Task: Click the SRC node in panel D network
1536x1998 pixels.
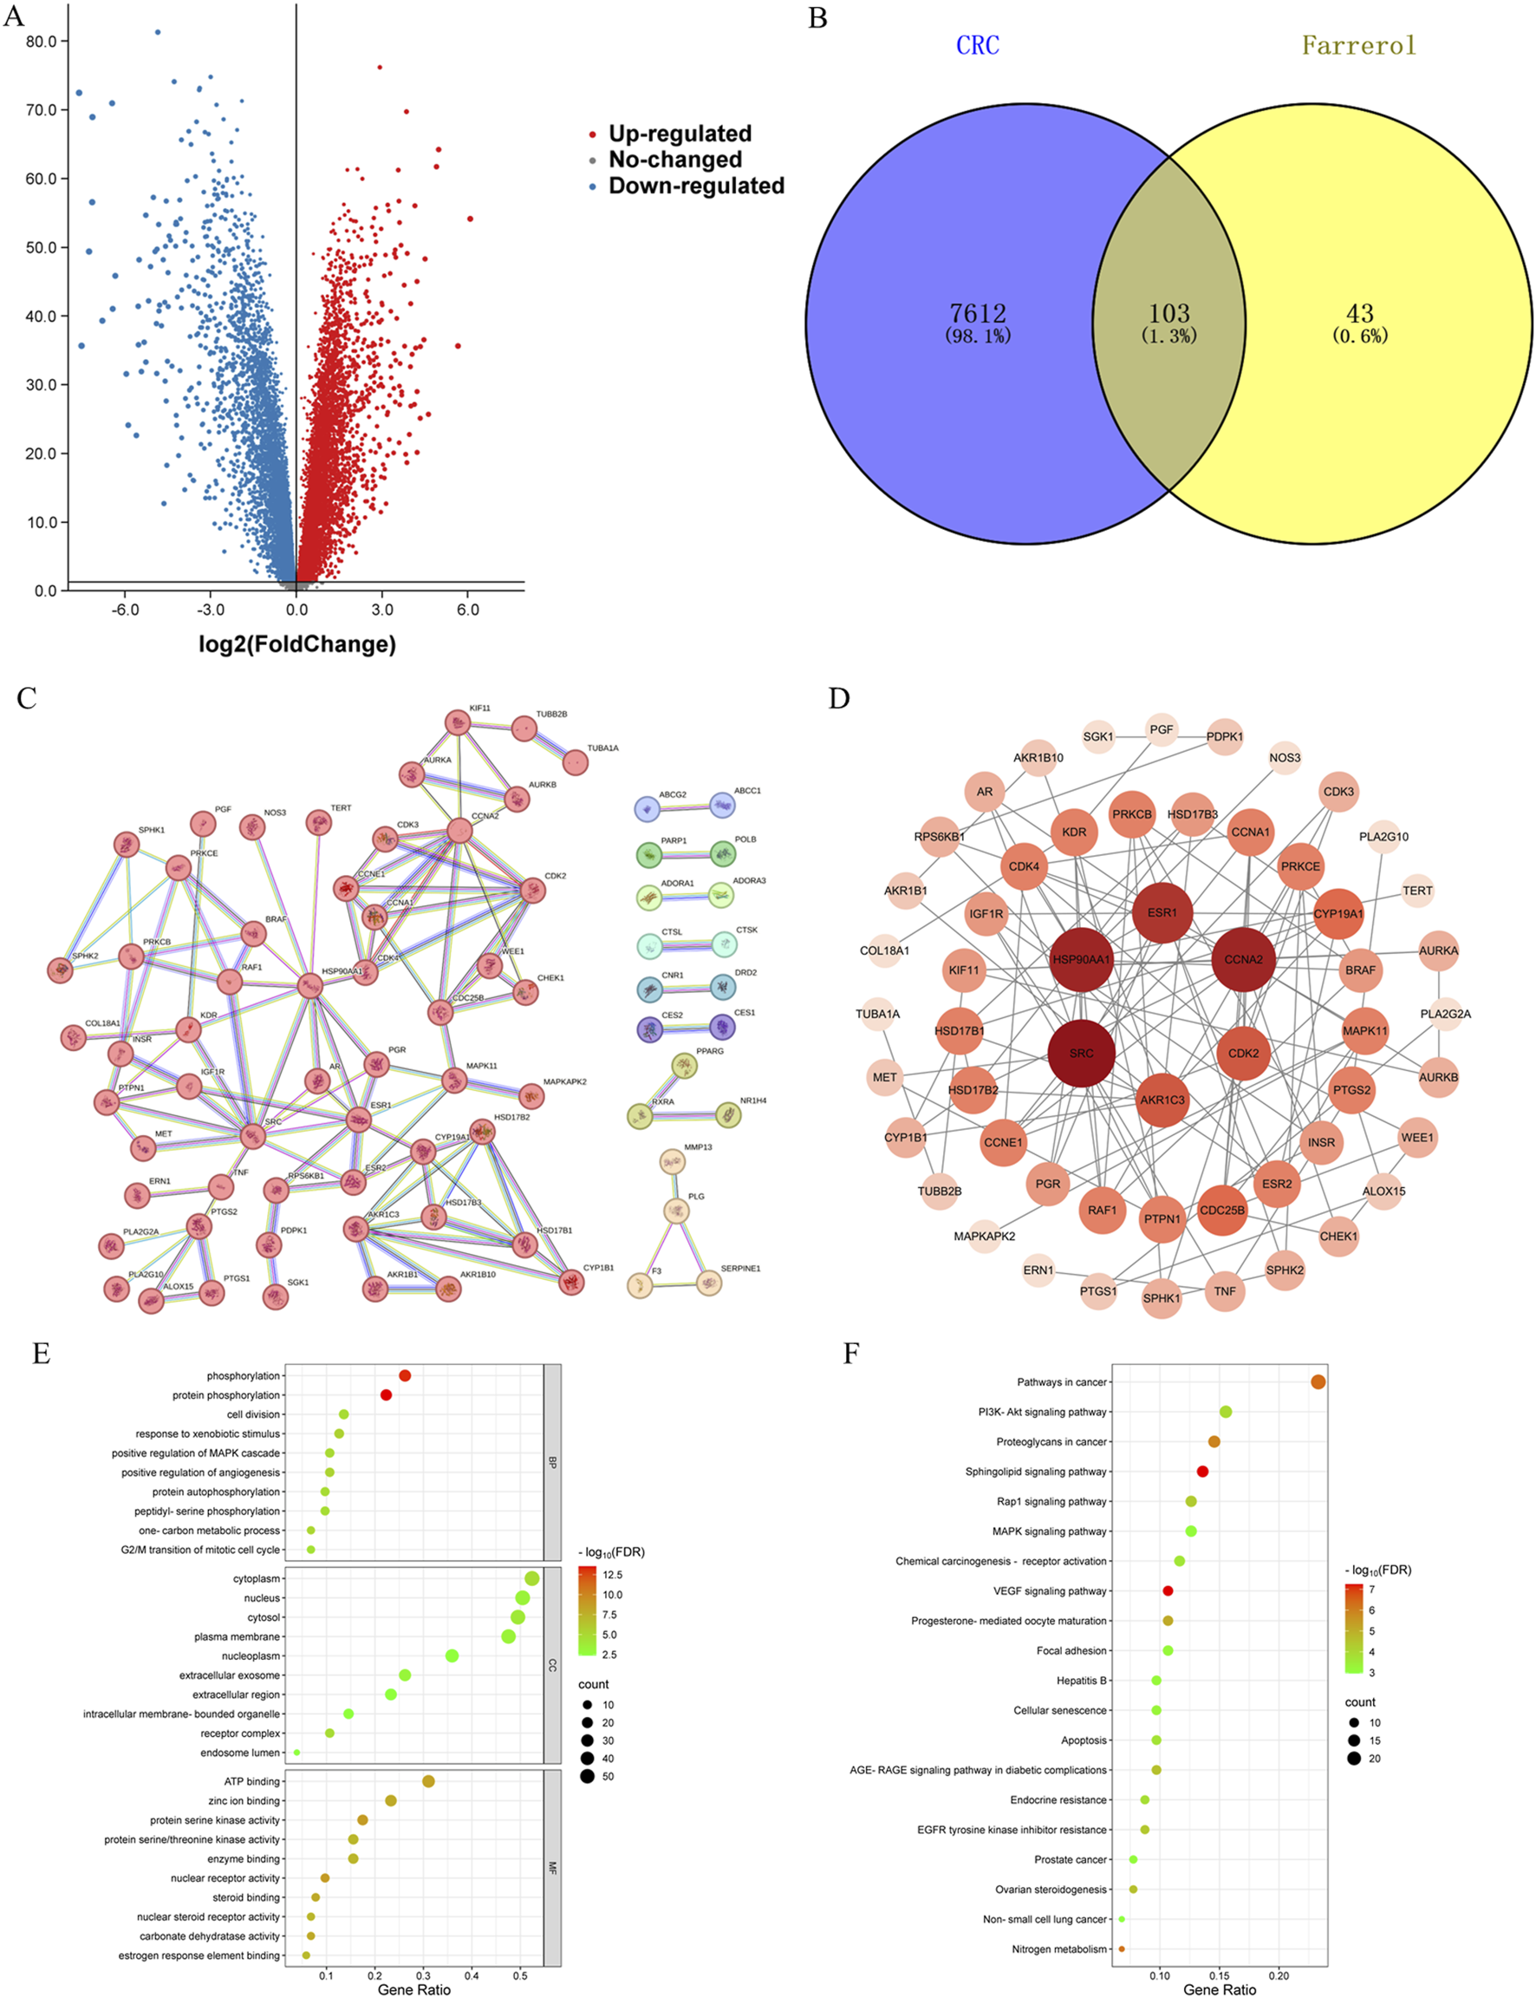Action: [x=1082, y=1053]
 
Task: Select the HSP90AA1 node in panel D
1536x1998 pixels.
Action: [x=1082, y=959]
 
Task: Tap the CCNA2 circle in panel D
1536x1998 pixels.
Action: [x=1243, y=959]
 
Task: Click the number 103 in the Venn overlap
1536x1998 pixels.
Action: [x=1168, y=314]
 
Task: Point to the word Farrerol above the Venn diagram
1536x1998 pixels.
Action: [x=1358, y=46]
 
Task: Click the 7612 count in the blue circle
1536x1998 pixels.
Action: [x=978, y=314]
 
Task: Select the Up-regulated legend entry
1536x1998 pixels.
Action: [x=680, y=134]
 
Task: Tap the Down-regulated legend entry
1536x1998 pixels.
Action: [x=696, y=186]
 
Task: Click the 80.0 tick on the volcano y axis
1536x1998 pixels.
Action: [x=41, y=41]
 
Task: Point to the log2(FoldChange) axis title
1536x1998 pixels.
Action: [x=297, y=643]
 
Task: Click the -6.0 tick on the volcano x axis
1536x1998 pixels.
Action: [x=126, y=610]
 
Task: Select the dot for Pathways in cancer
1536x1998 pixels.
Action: [x=1318, y=1381]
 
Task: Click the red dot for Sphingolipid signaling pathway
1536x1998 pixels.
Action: [x=1202, y=1472]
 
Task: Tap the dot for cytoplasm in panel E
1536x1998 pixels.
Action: [x=532, y=1578]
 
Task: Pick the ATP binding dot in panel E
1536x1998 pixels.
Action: [x=428, y=1781]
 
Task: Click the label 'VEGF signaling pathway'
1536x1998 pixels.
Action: [x=1050, y=1591]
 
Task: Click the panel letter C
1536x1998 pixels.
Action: [x=27, y=699]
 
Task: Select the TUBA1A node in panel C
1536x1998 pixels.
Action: [x=575, y=761]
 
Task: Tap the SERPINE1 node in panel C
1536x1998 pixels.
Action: [x=708, y=1282]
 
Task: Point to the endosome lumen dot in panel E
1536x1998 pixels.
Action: [x=296, y=1753]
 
